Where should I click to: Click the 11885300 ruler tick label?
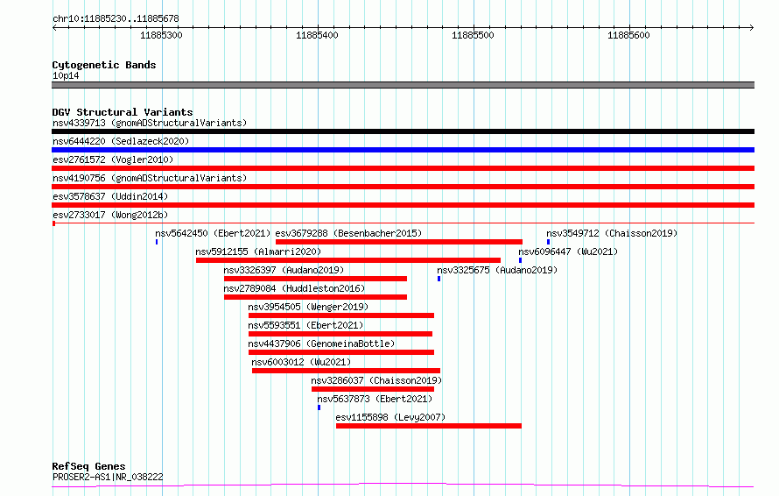[161, 35]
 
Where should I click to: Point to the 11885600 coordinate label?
[628, 35]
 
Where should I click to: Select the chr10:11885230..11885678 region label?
[116, 19]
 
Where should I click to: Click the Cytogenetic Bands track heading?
[104, 65]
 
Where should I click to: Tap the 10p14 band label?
[66, 75]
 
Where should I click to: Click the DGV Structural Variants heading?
[123, 112]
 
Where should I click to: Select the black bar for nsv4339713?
[403, 131]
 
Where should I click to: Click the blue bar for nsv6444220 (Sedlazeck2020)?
[403, 150]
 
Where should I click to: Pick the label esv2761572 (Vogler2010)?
[113, 159]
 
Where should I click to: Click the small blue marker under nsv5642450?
[157, 242]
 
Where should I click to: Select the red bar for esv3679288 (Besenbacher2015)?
[399, 242]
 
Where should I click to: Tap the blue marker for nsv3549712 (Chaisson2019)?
[549, 242]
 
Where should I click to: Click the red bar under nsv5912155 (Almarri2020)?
[348, 260]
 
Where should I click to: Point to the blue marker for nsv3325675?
[439, 279]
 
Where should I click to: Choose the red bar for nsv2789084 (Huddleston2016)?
[315, 297]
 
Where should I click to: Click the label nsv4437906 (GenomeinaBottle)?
[321, 344]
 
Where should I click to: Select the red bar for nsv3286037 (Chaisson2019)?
[373, 389]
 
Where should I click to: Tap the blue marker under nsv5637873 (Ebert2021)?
[319, 407]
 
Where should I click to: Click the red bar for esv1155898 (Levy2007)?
[429, 426]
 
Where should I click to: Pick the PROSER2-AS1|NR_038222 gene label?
[108, 477]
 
